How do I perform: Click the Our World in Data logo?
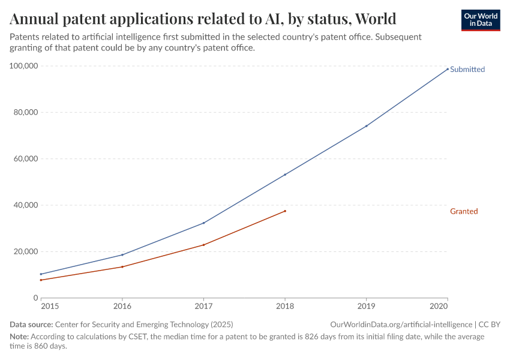pyautogui.click(x=481, y=20)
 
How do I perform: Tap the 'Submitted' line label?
pyautogui.click(x=467, y=70)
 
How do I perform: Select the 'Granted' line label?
pyautogui.click(x=464, y=211)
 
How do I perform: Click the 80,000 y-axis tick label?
pyautogui.click(x=26, y=112)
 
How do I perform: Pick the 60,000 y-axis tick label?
pyautogui.click(x=26, y=159)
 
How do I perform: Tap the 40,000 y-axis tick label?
pyautogui.click(x=26, y=205)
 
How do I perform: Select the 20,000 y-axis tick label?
pyautogui.click(x=26, y=251)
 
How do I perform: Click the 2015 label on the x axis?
pyautogui.click(x=49, y=306)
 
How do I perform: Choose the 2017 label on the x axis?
pyautogui.click(x=203, y=306)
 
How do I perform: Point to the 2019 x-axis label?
pyautogui.click(x=366, y=306)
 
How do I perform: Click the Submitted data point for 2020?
pyautogui.click(x=448, y=68)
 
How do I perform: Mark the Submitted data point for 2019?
pyautogui.click(x=366, y=126)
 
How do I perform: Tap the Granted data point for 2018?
pyautogui.click(x=285, y=211)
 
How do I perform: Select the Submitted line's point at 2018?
pyautogui.click(x=285, y=175)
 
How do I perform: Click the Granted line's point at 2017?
pyautogui.click(x=203, y=245)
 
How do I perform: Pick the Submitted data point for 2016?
pyautogui.click(x=122, y=255)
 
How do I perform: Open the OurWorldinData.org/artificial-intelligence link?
pyautogui.click(x=401, y=324)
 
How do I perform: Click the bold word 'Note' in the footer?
pyautogui.click(x=19, y=337)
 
